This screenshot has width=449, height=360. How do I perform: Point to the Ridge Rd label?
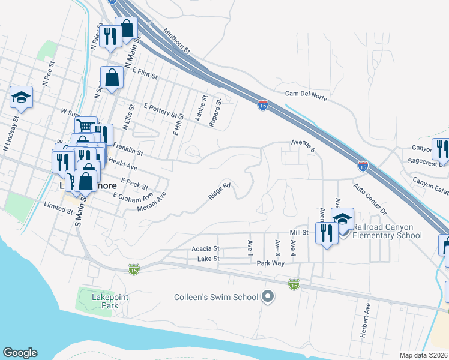point(219,191)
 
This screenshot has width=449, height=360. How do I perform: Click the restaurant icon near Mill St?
point(326,232)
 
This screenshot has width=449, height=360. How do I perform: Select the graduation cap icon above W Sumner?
point(22,98)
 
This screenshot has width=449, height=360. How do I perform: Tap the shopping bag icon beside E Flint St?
point(112,77)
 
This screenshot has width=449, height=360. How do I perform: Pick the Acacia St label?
point(206,248)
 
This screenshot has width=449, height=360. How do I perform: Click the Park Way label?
point(270,263)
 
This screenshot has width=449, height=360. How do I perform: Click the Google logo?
point(20,353)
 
